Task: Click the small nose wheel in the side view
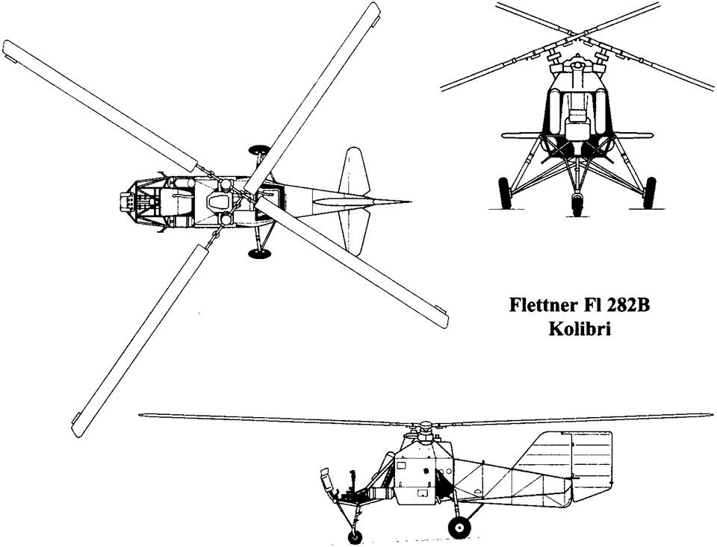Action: pos(354,536)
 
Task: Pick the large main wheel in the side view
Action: pos(459,527)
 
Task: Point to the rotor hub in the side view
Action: pos(424,430)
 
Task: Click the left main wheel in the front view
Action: pos(505,193)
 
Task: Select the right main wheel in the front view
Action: pos(649,193)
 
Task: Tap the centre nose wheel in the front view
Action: pos(577,204)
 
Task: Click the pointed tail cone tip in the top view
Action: pos(409,201)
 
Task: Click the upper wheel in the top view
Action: pos(259,150)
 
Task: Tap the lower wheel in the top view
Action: pos(259,254)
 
